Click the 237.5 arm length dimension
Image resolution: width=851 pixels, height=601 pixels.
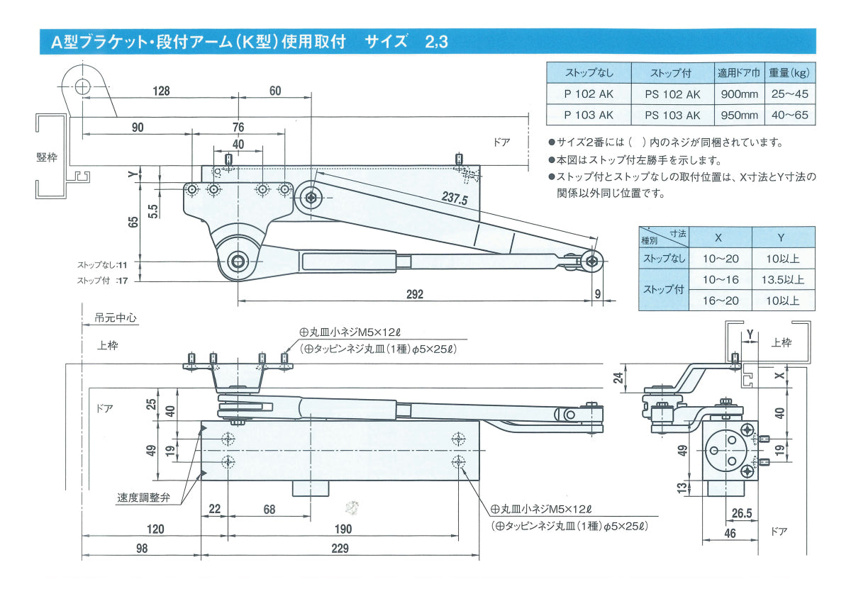(455, 198)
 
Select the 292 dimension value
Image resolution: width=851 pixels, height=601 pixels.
(414, 294)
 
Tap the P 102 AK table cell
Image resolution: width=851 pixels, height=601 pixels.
(589, 94)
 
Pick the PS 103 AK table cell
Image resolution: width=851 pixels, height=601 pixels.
(672, 115)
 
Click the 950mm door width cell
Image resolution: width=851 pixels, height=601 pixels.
(739, 115)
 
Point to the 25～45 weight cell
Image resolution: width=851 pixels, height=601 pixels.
(790, 94)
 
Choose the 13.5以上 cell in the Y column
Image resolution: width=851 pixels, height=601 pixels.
(783, 280)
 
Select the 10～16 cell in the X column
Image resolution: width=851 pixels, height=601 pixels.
(721, 280)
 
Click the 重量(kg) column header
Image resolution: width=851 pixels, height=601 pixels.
(790, 73)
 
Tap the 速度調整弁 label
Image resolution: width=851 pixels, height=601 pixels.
(143, 498)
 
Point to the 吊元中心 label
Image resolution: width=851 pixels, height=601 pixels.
(115, 318)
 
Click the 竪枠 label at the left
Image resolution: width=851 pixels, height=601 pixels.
(47, 157)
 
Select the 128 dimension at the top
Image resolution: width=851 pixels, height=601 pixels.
(161, 91)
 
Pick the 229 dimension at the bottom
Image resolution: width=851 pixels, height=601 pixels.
(340, 549)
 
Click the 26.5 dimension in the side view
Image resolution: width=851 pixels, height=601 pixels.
(742, 513)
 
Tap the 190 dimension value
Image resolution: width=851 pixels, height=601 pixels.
(343, 529)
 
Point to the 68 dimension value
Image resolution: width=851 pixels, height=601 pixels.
(269, 509)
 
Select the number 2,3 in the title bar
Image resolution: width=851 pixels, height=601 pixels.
(437, 42)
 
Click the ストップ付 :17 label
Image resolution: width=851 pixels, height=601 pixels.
(103, 281)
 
